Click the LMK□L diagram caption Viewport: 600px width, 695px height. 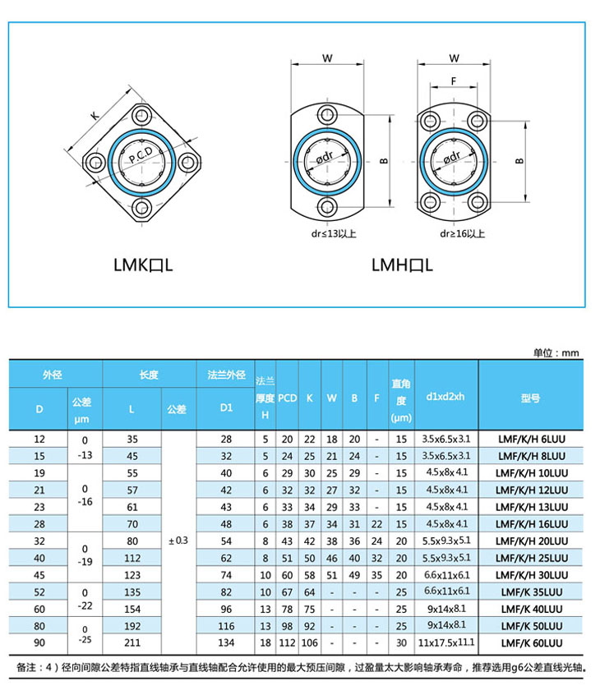click(x=143, y=265)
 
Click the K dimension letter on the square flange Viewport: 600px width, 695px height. click(x=94, y=117)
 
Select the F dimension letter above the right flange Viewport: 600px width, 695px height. click(x=453, y=81)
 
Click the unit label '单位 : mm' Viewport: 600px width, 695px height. click(x=556, y=352)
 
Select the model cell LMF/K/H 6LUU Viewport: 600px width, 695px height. click(x=532, y=440)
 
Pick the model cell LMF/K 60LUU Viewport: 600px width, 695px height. click(x=532, y=642)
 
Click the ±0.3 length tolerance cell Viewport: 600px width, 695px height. click(x=178, y=541)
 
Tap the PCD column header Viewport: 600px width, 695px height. click(x=287, y=397)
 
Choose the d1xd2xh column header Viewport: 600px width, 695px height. click(x=446, y=397)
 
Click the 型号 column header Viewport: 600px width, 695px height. click(x=530, y=397)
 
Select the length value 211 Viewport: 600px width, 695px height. click(x=132, y=642)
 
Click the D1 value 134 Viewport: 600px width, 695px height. click(x=227, y=642)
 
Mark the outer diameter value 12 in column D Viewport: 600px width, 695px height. click(x=39, y=440)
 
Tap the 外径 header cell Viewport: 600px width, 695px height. click(x=54, y=375)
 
